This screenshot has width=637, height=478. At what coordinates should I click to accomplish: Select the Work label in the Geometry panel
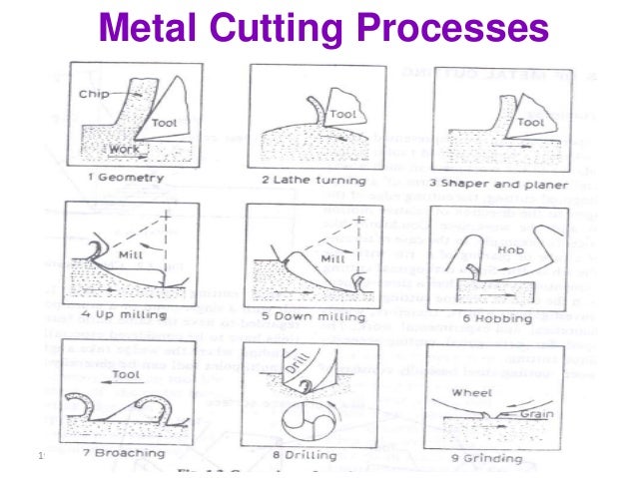tap(123, 150)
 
